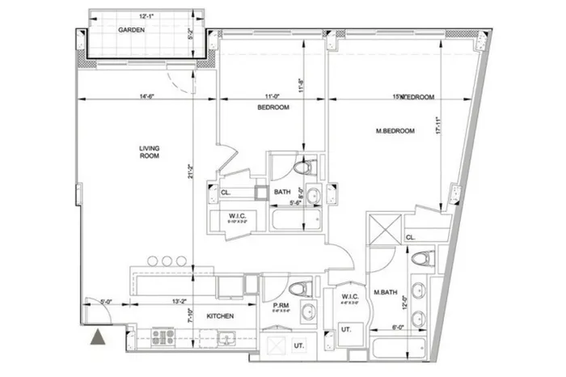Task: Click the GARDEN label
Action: tap(131, 29)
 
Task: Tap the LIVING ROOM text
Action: tap(148, 150)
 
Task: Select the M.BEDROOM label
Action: tap(395, 130)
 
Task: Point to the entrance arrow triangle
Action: tap(98, 338)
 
